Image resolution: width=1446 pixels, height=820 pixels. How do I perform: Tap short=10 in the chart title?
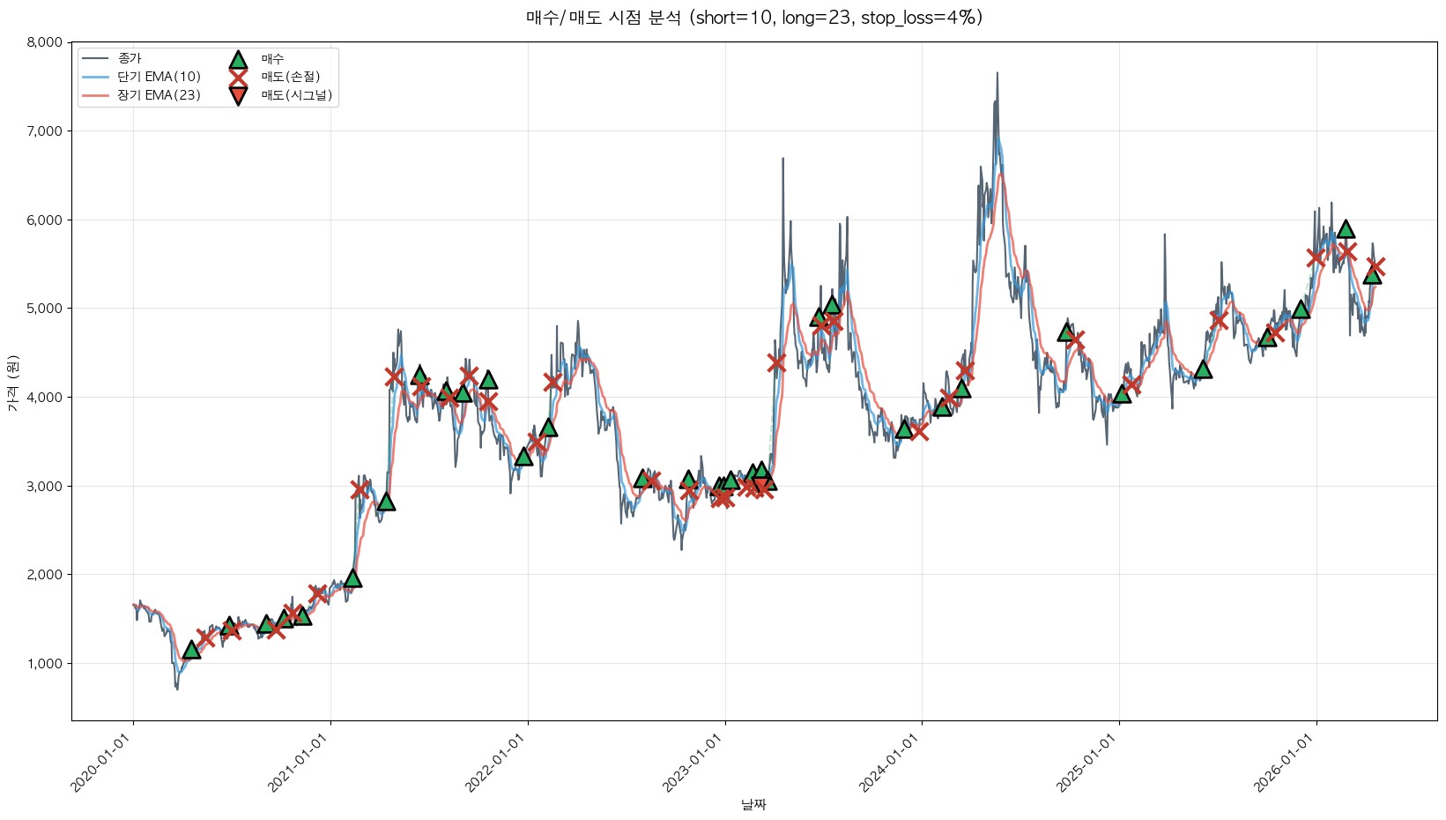point(734,18)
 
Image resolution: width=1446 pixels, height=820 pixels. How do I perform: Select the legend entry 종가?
point(130,59)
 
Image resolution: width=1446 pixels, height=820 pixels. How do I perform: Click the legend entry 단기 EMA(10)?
point(159,77)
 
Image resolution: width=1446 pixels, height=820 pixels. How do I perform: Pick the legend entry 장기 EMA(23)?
point(159,95)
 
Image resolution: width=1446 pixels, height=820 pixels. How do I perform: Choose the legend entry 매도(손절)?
point(290,77)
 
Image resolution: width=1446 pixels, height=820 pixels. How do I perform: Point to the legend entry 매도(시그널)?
point(296,95)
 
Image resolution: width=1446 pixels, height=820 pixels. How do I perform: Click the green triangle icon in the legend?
point(238,60)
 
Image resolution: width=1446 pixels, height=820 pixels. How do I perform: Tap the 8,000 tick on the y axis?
point(44,42)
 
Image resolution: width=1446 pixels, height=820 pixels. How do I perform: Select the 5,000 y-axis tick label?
point(44,309)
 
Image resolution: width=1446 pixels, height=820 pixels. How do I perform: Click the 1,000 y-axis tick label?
point(44,664)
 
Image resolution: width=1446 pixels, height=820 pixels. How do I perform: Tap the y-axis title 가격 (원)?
point(13,383)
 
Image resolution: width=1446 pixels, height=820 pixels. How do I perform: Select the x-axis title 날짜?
point(753,804)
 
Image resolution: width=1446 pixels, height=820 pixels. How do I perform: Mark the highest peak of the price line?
point(997,73)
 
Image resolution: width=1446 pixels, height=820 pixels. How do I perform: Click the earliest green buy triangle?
point(191,650)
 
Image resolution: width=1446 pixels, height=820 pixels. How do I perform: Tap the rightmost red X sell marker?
point(1376,266)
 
